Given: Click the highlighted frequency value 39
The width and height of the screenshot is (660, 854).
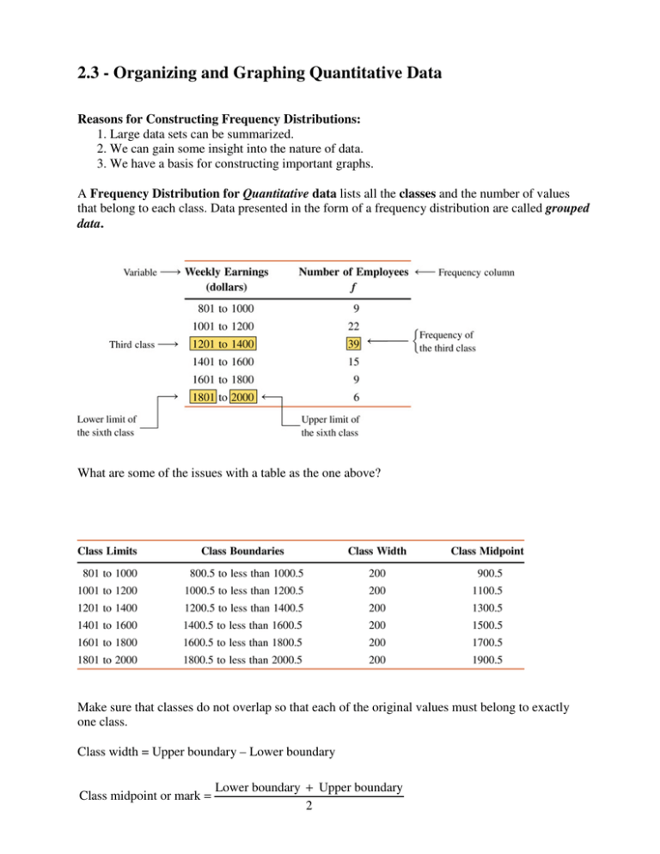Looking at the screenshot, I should (355, 344).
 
